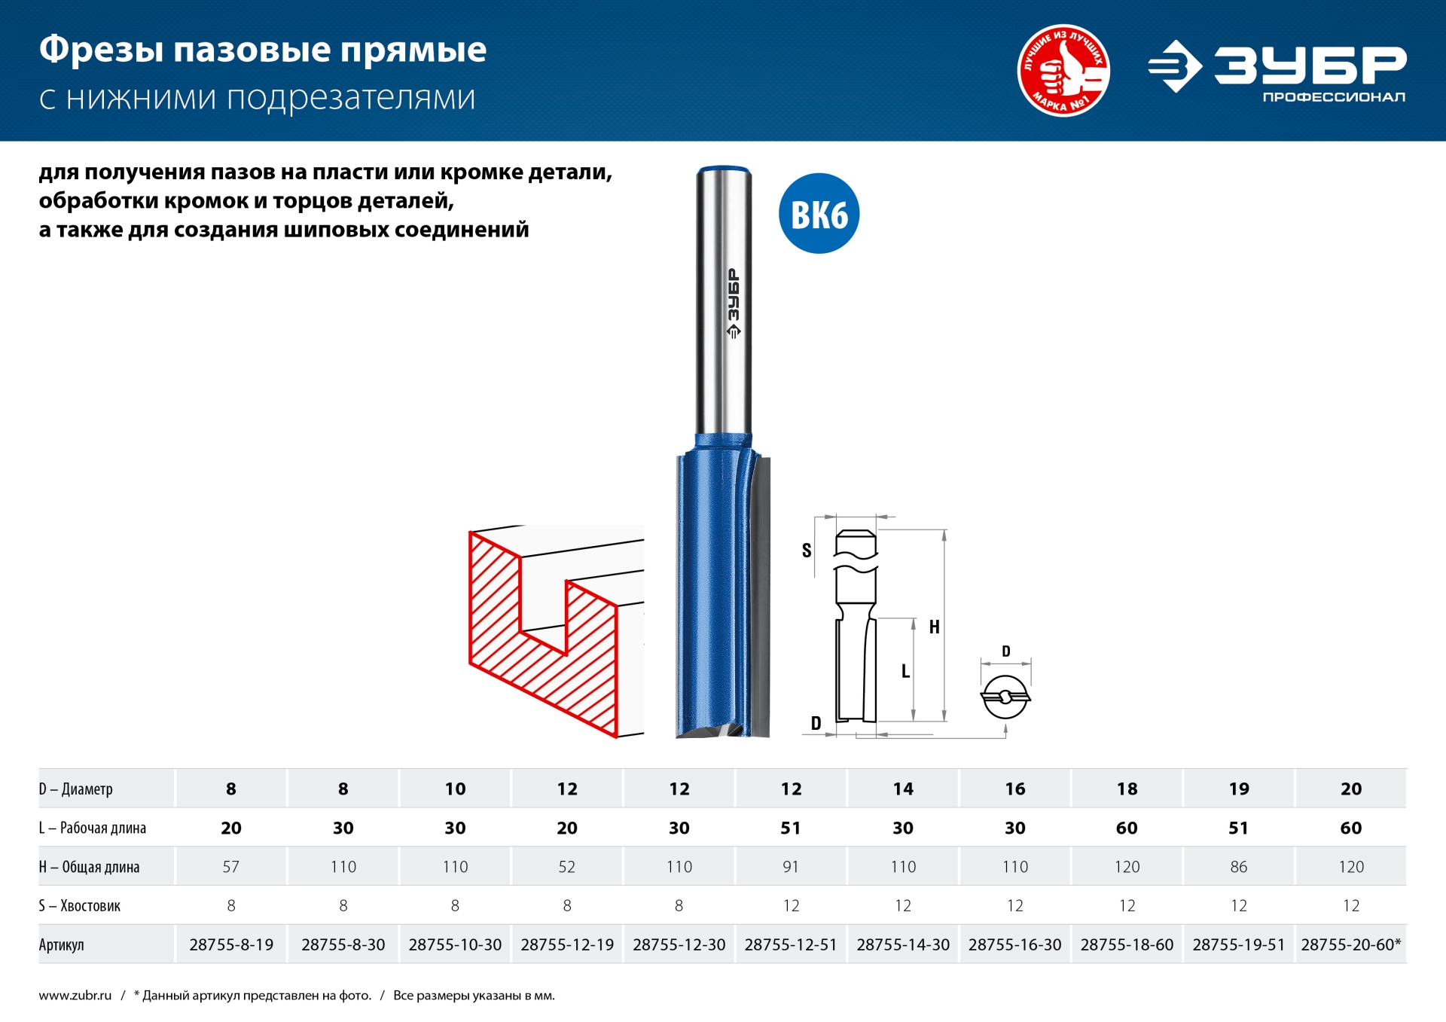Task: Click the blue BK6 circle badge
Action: (x=819, y=214)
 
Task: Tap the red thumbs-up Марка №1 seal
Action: (x=1063, y=71)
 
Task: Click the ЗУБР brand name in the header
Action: (x=1310, y=65)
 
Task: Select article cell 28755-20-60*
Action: (x=1350, y=944)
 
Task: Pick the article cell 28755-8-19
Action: (x=231, y=944)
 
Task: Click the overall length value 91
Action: (x=791, y=867)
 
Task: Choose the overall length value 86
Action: (x=1238, y=867)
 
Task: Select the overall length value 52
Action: (x=566, y=867)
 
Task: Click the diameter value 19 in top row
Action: (x=1238, y=789)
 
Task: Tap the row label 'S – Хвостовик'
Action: (x=80, y=906)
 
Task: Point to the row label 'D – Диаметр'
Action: (x=76, y=789)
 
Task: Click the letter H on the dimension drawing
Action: (x=934, y=627)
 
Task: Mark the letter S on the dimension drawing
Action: (x=807, y=551)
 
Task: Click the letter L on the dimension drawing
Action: (x=905, y=671)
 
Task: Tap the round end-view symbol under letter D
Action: (x=1005, y=697)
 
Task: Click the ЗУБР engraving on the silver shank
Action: (x=734, y=302)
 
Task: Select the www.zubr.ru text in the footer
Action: (x=75, y=996)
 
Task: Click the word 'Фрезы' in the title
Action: (x=101, y=50)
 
